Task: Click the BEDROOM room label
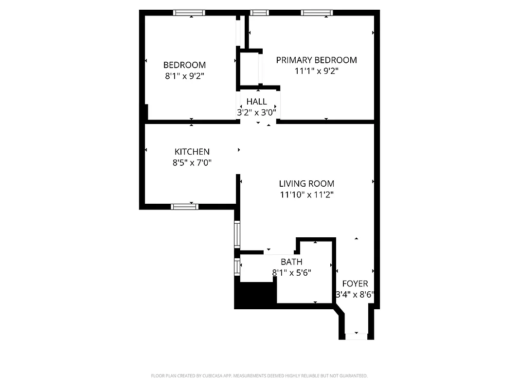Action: click(184, 65)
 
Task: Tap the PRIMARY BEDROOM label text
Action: click(316, 60)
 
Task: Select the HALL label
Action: click(256, 102)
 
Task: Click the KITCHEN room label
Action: click(192, 152)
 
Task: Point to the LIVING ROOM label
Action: click(306, 184)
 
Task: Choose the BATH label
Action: click(291, 262)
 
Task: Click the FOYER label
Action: click(355, 283)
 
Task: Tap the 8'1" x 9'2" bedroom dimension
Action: click(184, 76)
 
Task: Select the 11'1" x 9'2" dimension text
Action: click(316, 71)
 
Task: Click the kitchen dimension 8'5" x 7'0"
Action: click(192, 163)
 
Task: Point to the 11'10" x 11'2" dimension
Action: click(306, 195)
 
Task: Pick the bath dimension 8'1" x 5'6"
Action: click(291, 273)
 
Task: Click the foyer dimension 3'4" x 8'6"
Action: click(355, 294)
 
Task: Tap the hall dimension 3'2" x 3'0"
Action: click(256, 112)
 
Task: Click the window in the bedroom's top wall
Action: click(189, 13)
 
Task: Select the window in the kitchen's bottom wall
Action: click(185, 207)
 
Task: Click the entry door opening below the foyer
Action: click(356, 336)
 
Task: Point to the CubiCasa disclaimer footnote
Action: click(259, 376)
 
